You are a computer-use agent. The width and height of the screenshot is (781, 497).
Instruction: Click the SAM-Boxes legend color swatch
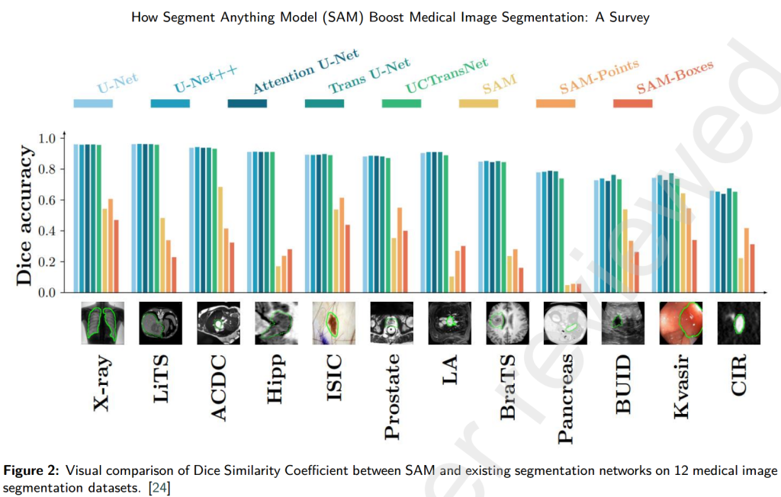[x=632, y=103]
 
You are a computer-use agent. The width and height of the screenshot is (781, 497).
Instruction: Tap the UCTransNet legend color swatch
[x=401, y=103]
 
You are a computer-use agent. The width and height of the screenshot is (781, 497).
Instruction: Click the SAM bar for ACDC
[x=221, y=239]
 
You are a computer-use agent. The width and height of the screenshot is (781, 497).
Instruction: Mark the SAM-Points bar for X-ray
[x=111, y=245]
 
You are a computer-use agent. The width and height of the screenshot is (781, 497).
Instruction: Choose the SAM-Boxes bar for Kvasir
[x=695, y=266]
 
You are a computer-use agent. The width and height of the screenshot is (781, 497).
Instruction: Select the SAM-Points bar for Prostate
[x=400, y=250]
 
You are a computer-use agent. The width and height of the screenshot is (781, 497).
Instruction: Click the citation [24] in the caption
[x=159, y=486]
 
